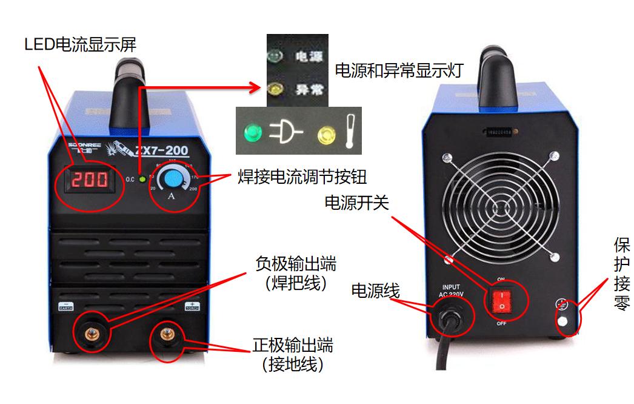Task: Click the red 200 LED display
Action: [x=89, y=180]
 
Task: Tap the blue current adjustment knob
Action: [x=173, y=178]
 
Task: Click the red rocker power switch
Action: [x=501, y=300]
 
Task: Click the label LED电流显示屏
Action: [x=80, y=44]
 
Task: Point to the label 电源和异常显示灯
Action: [x=399, y=70]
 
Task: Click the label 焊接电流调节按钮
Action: [x=301, y=177]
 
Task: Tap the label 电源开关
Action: [x=356, y=203]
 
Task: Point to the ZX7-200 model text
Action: [x=162, y=150]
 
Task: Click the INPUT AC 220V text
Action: [x=452, y=291]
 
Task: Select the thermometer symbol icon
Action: [x=349, y=131]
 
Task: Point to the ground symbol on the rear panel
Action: [x=562, y=305]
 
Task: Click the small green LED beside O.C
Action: [x=141, y=179]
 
